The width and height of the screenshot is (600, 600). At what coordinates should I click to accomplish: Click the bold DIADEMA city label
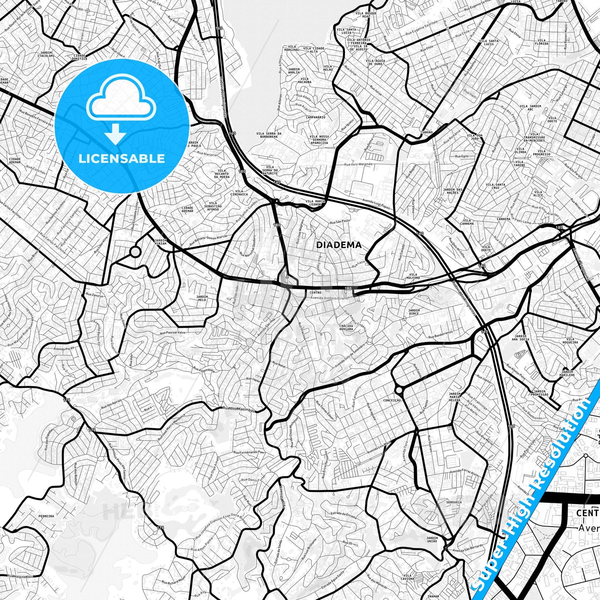click(339, 245)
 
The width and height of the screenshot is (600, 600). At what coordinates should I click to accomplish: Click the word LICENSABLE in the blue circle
click(122, 159)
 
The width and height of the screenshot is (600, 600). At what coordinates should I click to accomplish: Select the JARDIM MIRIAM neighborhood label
click(160, 242)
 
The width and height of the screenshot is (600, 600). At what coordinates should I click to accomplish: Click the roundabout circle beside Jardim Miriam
click(135, 252)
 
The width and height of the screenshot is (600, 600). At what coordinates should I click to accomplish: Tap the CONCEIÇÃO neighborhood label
click(392, 400)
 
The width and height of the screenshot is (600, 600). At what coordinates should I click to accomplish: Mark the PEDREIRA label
click(46, 516)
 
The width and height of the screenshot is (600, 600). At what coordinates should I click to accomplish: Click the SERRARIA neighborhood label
click(454, 502)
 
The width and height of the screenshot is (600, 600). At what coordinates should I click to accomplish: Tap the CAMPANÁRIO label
click(315, 117)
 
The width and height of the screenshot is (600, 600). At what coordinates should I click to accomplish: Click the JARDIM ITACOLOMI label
click(45, 54)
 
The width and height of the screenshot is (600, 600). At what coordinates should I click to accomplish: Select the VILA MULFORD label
click(414, 276)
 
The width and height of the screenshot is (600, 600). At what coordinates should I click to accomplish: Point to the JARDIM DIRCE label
click(414, 311)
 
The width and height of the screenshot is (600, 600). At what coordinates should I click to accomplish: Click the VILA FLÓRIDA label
click(541, 42)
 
